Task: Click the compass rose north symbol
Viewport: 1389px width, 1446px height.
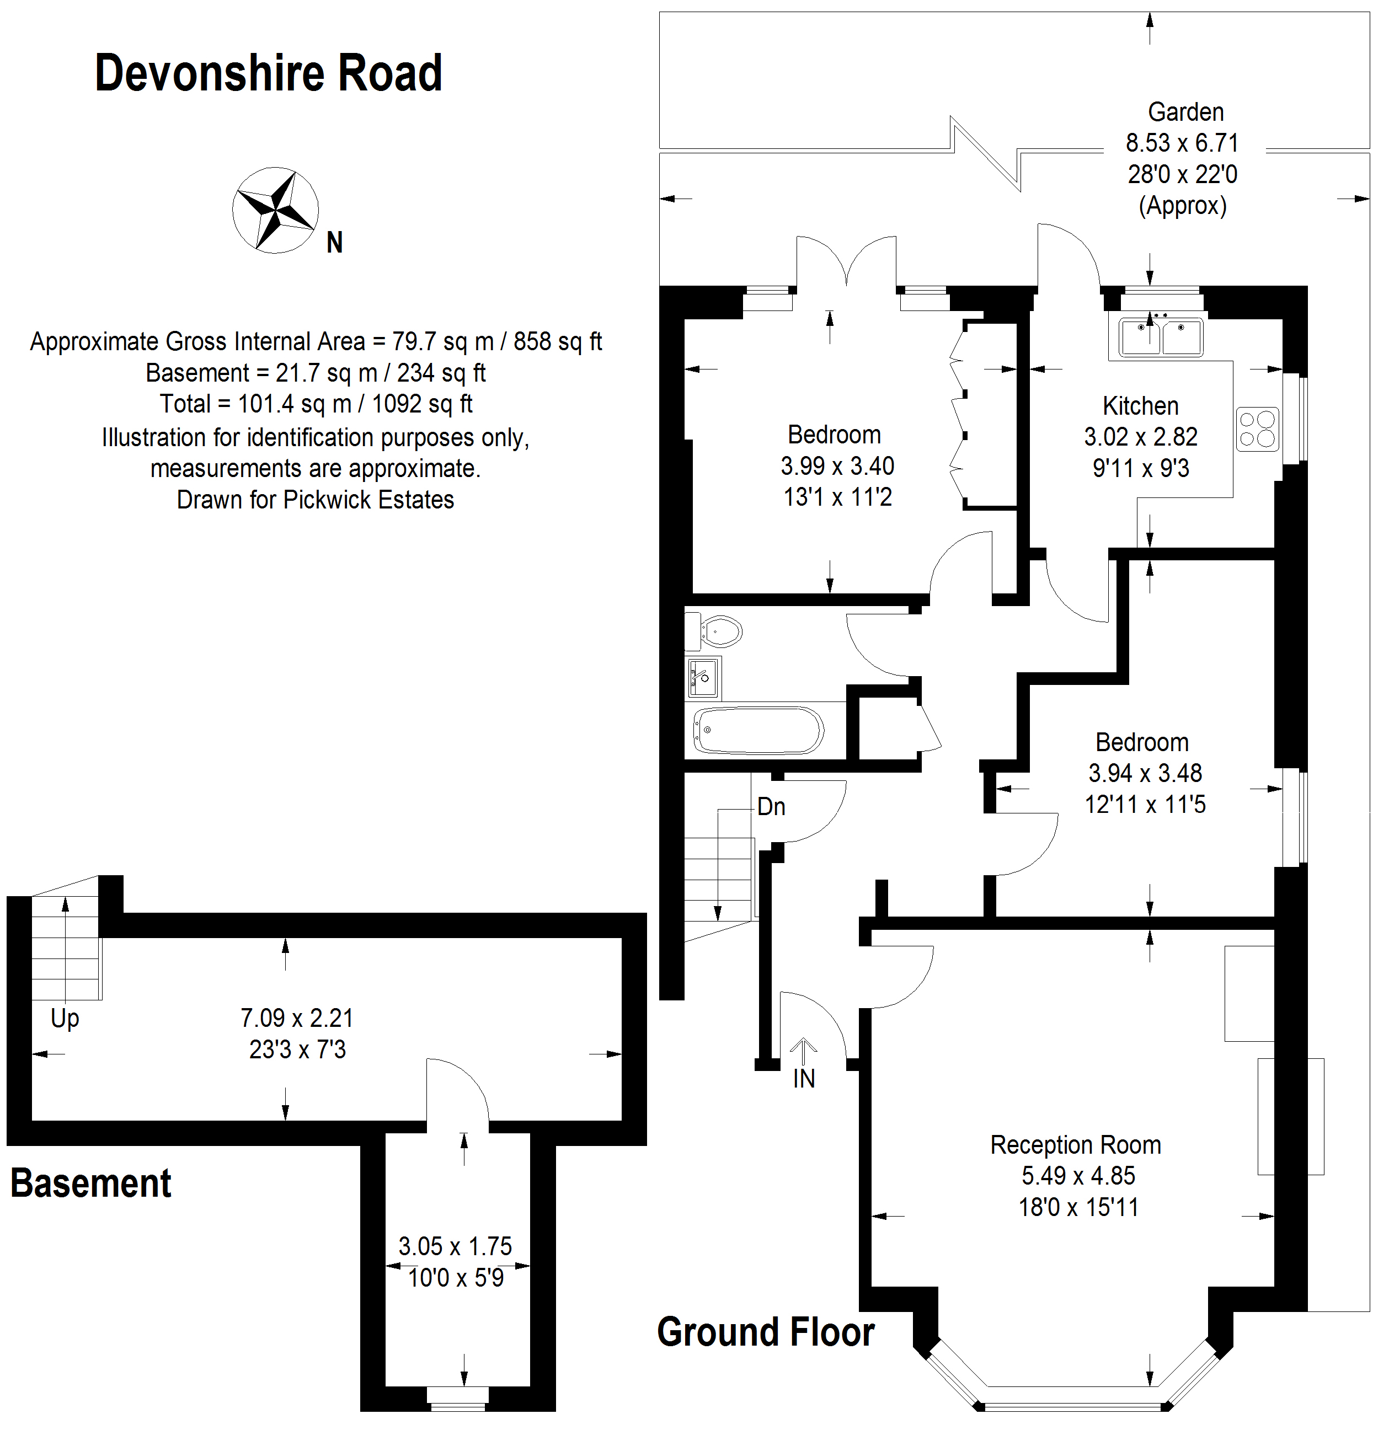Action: (275, 210)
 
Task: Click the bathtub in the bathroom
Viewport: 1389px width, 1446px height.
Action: (758, 730)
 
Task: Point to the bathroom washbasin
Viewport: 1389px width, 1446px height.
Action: (703, 677)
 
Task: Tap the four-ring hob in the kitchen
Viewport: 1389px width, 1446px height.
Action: (1258, 430)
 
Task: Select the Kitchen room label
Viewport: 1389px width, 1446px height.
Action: (1140, 406)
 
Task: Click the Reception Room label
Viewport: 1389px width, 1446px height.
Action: (1075, 1144)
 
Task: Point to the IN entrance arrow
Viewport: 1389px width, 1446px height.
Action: (804, 1051)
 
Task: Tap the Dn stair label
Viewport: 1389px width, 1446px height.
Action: (771, 807)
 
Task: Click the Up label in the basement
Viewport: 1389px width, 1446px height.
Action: (65, 1019)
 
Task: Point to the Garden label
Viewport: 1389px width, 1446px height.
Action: (1185, 112)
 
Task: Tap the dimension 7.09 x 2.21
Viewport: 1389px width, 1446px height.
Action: (297, 1018)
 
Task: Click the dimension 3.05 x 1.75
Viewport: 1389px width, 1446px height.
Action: (455, 1246)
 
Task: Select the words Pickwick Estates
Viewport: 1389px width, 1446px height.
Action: (368, 500)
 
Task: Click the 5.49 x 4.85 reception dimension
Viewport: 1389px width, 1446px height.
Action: (1078, 1175)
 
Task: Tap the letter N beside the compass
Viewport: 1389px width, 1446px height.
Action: (335, 243)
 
